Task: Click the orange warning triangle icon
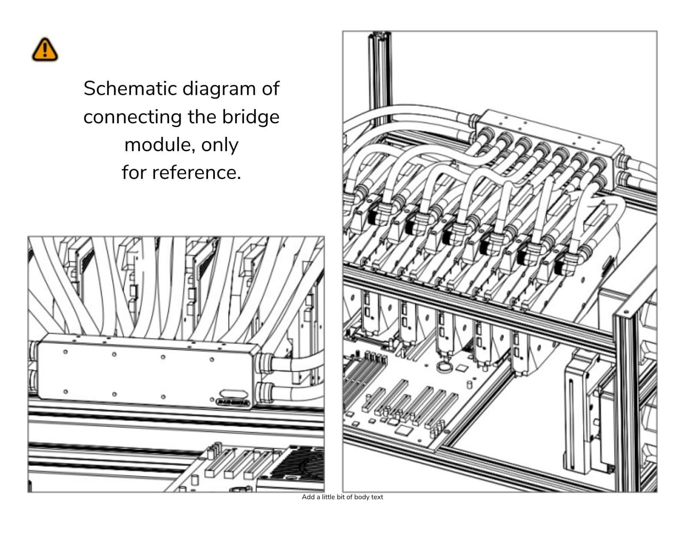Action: pyautogui.click(x=45, y=49)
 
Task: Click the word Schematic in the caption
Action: pyautogui.click(x=130, y=89)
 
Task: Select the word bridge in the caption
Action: pyautogui.click(x=250, y=117)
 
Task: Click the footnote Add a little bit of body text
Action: pyautogui.click(x=342, y=497)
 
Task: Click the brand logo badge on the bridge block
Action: pyautogui.click(x=235, y=402)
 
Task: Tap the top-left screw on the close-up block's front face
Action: pyautogui.click(x=66, y=352)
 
